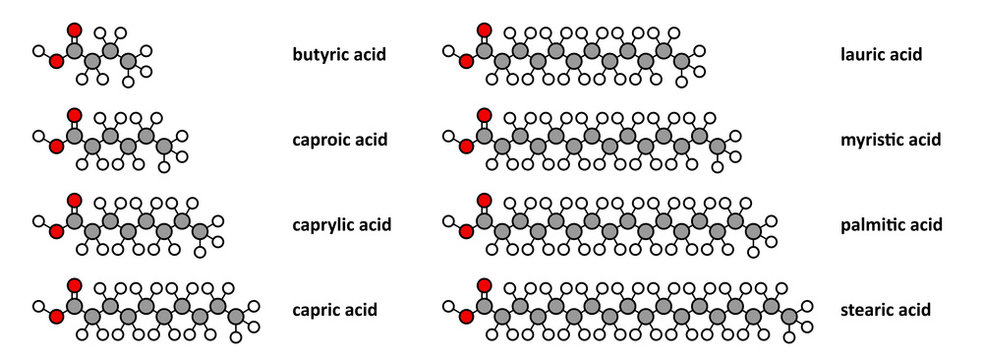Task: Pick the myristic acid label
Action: (x=891, y=139)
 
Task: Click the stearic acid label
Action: (x=886, y=310)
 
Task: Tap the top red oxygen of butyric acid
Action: (x=74, y=29)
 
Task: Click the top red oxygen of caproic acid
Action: (x=74, y=115)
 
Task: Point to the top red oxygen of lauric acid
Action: (x=484, y=29)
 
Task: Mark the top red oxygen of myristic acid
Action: (x=484, y=115)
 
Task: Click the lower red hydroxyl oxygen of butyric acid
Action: (x=56, y=62)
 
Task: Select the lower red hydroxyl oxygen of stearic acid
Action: (x=466, y=318)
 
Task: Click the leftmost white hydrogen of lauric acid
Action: (x=448, y=50)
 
